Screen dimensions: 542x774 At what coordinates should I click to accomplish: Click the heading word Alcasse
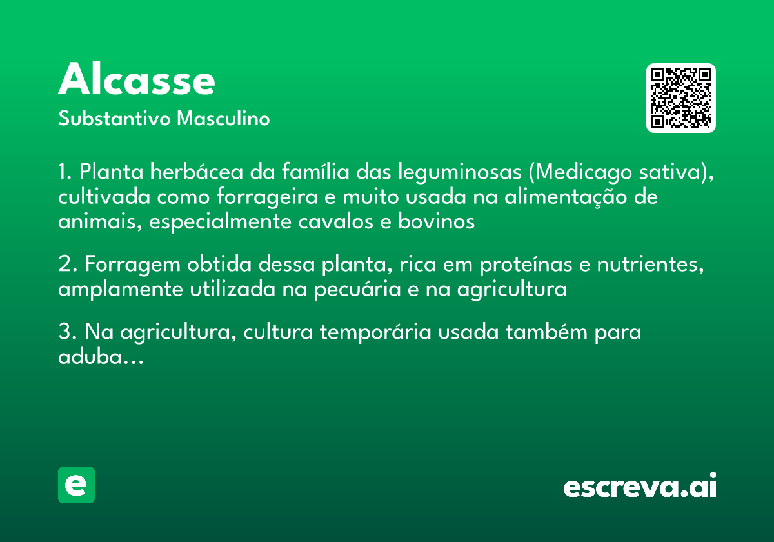click(x=137, y=81)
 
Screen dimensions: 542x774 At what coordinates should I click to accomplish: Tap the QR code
click(x=681, y=98)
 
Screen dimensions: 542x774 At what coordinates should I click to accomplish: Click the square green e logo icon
click(x=76, y=485)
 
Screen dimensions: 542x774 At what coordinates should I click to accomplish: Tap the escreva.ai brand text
click(x=640, y=487)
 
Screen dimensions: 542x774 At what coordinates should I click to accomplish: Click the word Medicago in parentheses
click(x=578, y=173)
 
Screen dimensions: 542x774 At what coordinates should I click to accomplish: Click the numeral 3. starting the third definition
click(x=67, y=333)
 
